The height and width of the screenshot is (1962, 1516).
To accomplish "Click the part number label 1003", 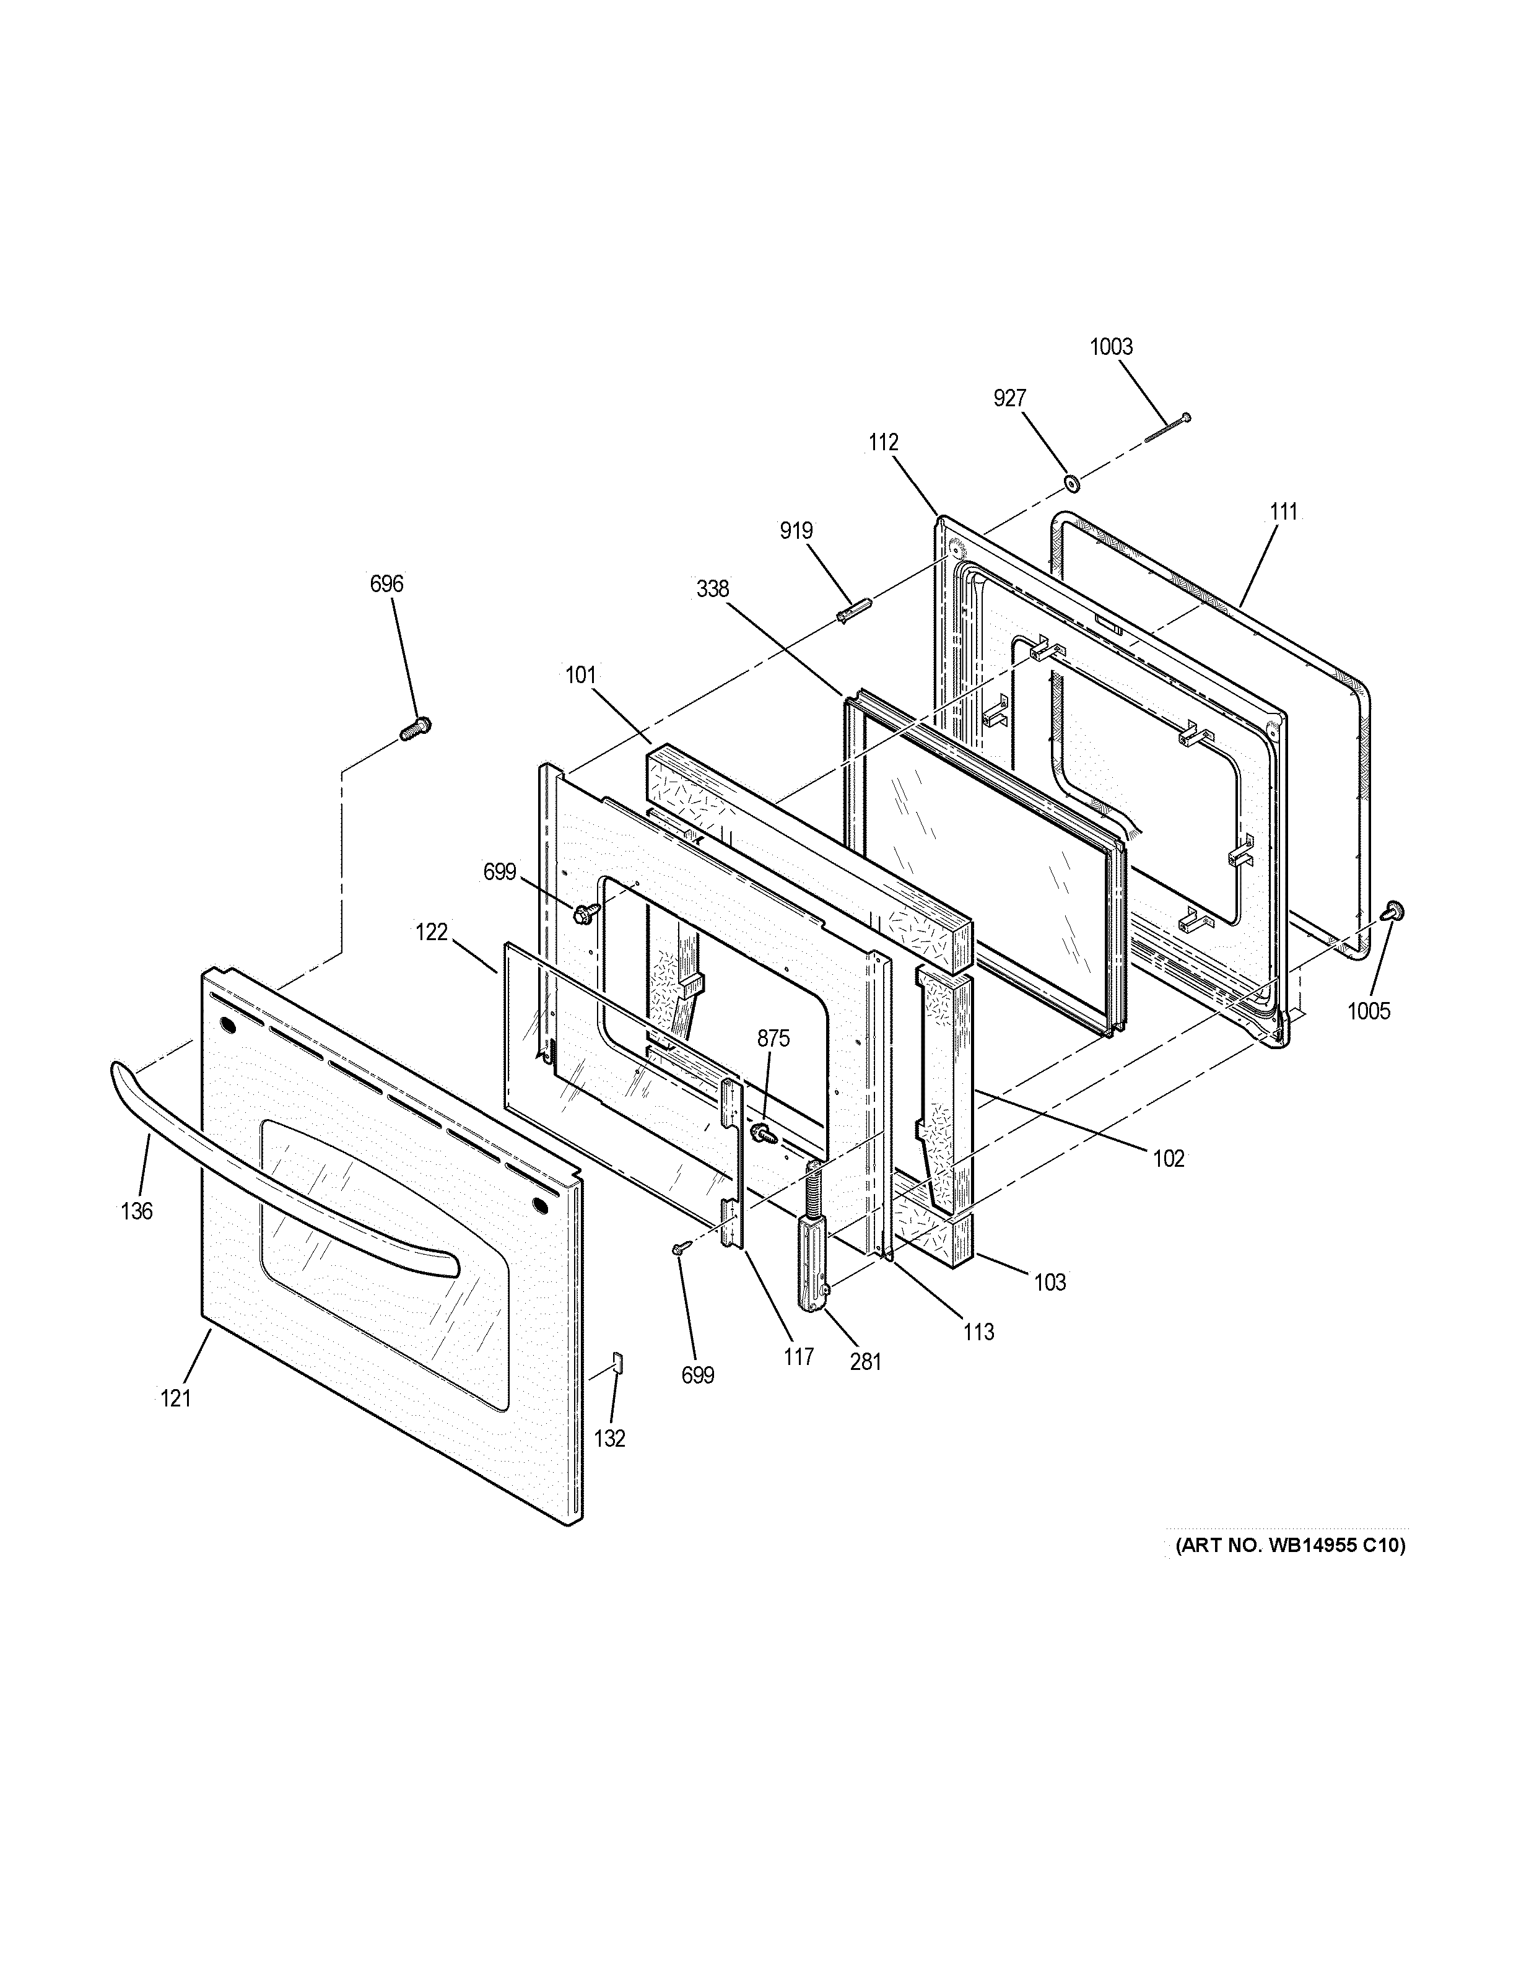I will (1111, 347).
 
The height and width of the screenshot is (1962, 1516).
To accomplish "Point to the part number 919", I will (796, 531).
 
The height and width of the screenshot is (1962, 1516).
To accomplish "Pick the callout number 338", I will (712, 590).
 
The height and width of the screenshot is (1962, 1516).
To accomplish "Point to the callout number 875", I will (773, 1039).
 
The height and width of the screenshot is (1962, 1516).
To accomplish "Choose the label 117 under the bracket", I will (798, 1356).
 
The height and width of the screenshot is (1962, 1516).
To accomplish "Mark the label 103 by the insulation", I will (1050, 1282).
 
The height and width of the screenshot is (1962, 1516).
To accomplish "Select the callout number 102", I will (1169, 1159).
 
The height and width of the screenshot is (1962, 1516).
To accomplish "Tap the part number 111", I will (1283, 512).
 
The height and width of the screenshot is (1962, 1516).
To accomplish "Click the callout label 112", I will (883, 442).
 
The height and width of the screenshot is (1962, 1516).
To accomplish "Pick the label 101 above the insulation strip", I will (580, 674).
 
